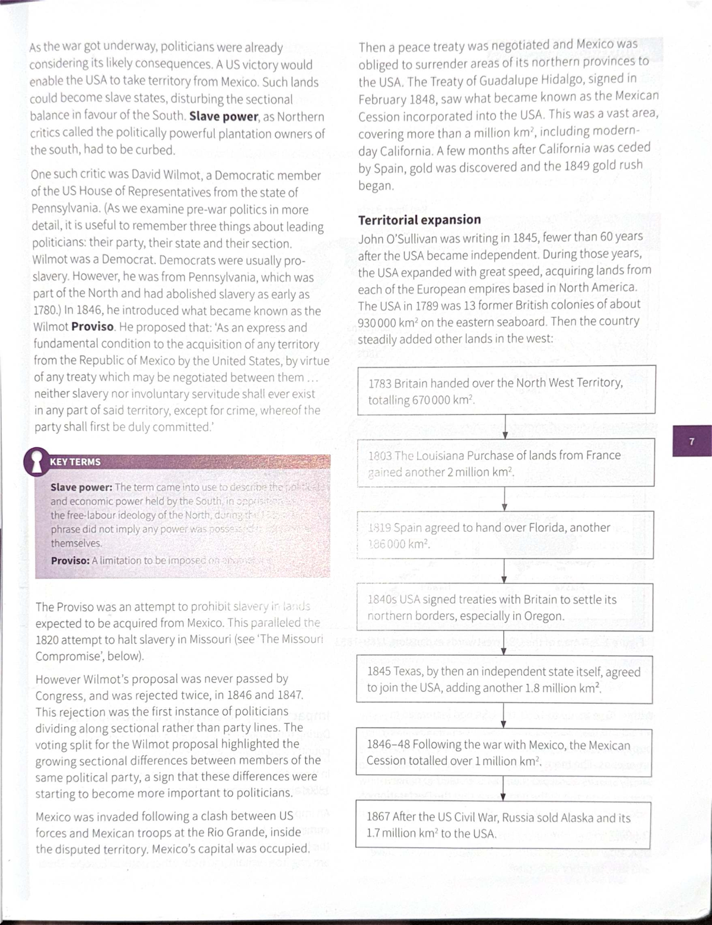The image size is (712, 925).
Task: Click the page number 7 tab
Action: [692, 441]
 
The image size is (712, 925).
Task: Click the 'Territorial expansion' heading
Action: [419, 220]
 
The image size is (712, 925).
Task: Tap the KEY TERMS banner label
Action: [75, 462]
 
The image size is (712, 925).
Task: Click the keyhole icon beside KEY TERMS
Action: [36, 462]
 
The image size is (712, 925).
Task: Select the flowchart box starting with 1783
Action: [506, 390]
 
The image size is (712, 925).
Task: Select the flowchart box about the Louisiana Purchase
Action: [506, 463]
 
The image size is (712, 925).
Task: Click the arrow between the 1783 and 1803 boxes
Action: [505, 426]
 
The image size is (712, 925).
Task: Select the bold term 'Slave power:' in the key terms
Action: [81, 487]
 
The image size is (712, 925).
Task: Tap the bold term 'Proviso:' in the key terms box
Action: [70, 560]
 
